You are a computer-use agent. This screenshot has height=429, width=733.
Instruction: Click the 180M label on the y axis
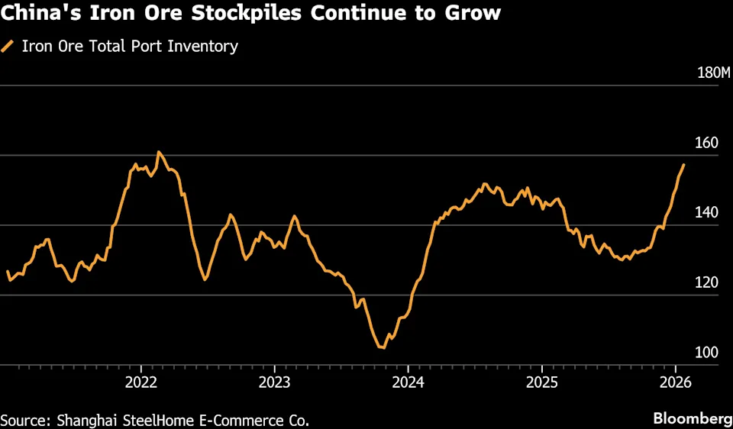(x=715, y=73)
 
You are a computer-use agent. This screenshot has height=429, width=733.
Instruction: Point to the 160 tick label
(x=706, y=143)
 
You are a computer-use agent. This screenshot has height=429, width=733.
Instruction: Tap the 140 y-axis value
(x=706, y=213)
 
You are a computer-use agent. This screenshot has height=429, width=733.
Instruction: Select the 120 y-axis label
(x=706, y=283)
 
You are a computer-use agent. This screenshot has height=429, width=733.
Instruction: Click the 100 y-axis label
(x=706, y=353)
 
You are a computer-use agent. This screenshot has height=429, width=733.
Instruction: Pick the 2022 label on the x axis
(x=141, y=381)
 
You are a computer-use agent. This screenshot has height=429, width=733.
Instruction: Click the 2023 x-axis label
(x=274, y=381)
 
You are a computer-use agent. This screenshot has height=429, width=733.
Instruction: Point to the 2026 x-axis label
(x=674, y=381)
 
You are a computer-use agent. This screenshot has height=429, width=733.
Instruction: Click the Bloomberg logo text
(x=691, y=418)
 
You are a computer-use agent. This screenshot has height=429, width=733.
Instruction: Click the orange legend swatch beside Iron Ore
(x=8, y=47)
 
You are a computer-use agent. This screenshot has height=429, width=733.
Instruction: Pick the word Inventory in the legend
(x=205, y=47)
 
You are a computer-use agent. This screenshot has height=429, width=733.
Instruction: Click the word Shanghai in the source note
(x=83, y=419)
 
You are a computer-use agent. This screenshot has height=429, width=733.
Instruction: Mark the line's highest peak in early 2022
(x=158, y=152)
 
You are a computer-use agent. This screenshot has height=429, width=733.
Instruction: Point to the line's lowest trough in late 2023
(x=382, y=347)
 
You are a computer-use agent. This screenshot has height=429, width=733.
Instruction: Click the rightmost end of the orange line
(x=684, y=164)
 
